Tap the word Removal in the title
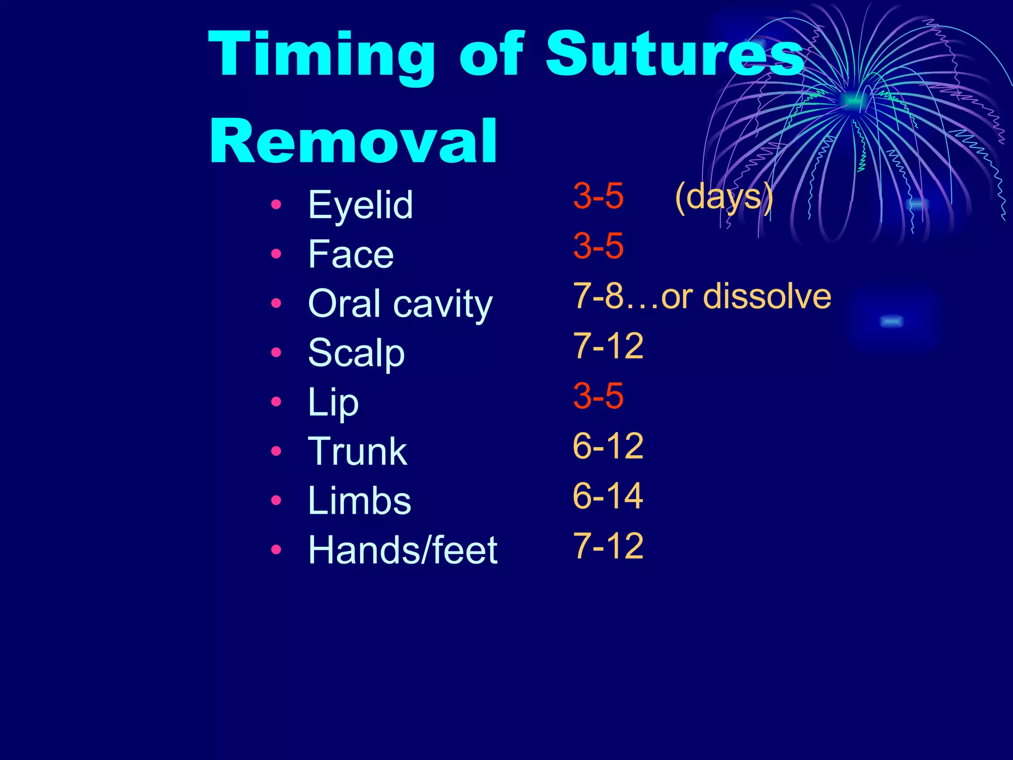tap(353, 142)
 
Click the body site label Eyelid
tap(360, 205)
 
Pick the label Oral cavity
tap(400, 304)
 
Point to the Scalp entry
tap(356, 353)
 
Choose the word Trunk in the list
tap(357, 451)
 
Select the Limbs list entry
tap(359, 501)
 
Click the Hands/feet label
tap(402, 550)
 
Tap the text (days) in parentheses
tap(724, 197)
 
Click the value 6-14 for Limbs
tap(608, 496)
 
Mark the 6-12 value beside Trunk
tap(608, 446)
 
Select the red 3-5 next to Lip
tap(598, 396)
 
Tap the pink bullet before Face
tap(276, 254)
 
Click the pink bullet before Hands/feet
tap(276, 549)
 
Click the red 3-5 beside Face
tap(598, 245)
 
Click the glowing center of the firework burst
tap(852, 100)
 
